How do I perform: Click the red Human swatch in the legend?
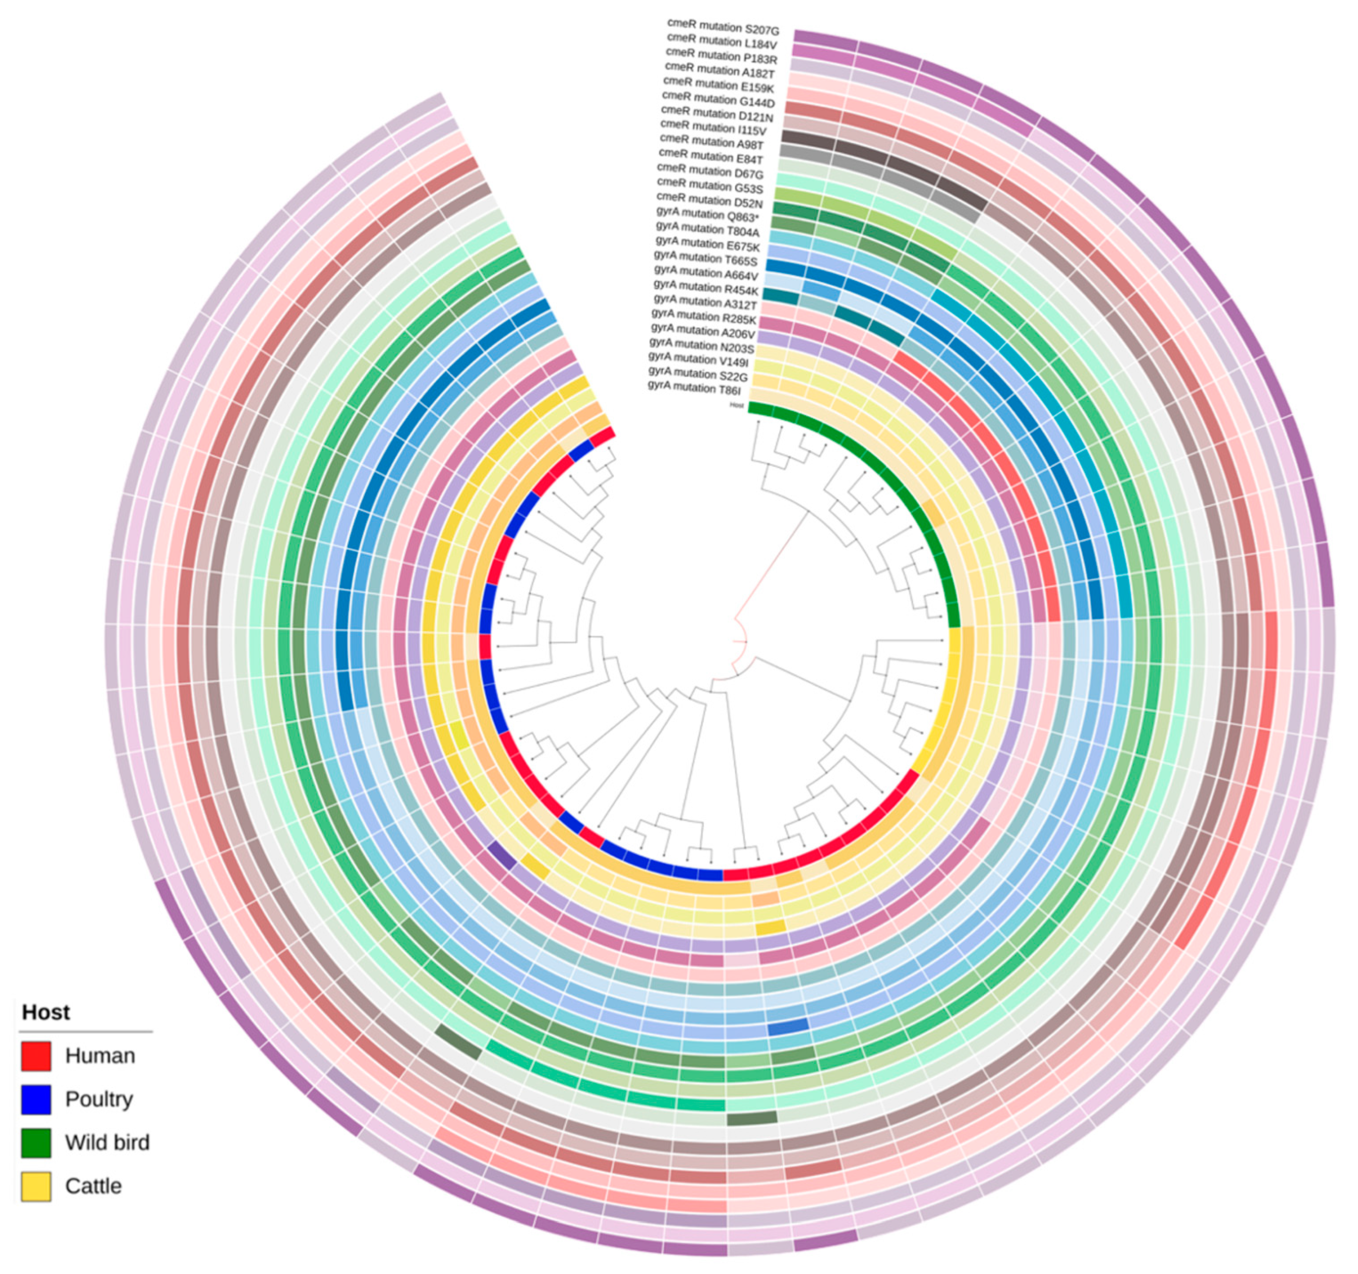(x=36, y=1056)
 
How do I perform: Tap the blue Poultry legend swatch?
(x=36, y=1099)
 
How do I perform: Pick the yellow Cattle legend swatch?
(x=36, y=1187)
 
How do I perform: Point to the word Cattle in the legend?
(x=93, y=1187)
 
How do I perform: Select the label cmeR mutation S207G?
(x=722, y=28)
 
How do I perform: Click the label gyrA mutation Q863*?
(x=708, y=216)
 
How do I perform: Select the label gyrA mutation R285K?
(x=704, y=316)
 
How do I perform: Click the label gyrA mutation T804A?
(x=708, y=230)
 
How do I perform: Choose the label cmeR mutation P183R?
(x=721, y=57)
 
